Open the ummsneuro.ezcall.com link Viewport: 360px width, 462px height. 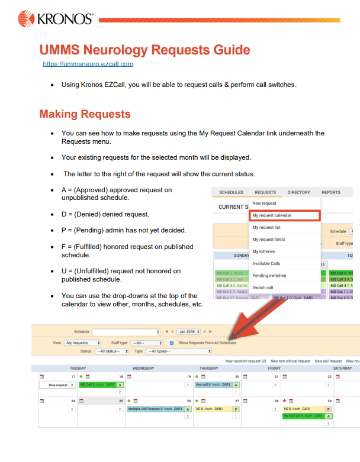pos(88,64)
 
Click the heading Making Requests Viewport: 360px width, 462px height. pos(85,114)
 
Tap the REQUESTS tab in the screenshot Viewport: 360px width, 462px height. pos(265,192)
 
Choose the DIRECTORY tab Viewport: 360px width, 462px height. pos(298,192)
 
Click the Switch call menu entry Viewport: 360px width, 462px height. pos(263,287)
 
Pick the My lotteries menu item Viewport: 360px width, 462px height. pos(263,251)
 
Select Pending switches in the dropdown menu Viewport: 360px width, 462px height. pos(269,276)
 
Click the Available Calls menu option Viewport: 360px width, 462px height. pos(266,263)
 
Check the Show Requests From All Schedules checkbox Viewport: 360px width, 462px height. pos(172,343)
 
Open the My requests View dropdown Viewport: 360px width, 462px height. pos(79,343)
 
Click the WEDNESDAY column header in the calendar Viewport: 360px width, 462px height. pos(144,368)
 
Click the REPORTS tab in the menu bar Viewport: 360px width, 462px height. pos(331,192)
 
